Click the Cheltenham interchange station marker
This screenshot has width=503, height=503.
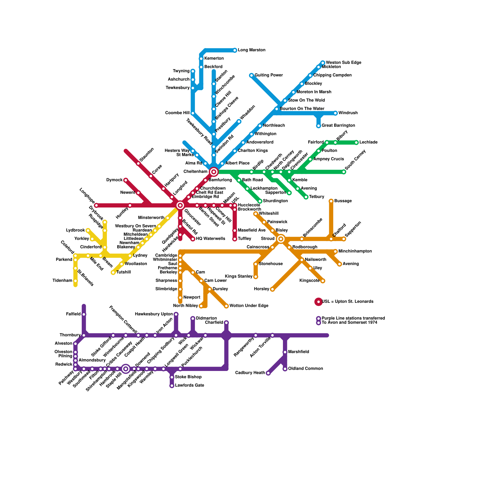click(214, 172)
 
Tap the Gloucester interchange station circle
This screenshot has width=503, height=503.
click(180, 206)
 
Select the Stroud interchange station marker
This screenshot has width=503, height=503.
click(281, 239)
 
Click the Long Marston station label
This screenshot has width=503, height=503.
click(251, 50)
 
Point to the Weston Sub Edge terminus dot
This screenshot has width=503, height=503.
click(323, 63)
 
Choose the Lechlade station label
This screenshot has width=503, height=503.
click(368, 142)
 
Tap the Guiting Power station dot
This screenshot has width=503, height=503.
click(251, 75)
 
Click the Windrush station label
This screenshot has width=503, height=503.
click(348, 113)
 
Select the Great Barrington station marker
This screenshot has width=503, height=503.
click(318, 126)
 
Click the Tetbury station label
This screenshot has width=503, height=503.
click(317, 197)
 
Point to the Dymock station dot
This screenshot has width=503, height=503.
click(125, 180)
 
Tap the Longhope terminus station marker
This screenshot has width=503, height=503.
click(96, 206)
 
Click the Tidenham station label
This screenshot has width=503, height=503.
click(62, 280)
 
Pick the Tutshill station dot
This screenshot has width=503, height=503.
click(113, 273)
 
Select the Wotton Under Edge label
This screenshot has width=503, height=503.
click(249, 306)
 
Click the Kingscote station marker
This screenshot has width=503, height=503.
click(323, 281)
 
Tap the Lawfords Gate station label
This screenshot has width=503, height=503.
click(190, 385)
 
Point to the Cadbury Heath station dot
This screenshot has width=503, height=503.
click(268, 373)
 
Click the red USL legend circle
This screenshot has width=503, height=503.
click(318, 302)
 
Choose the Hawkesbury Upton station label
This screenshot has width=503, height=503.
click(154, 314)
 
